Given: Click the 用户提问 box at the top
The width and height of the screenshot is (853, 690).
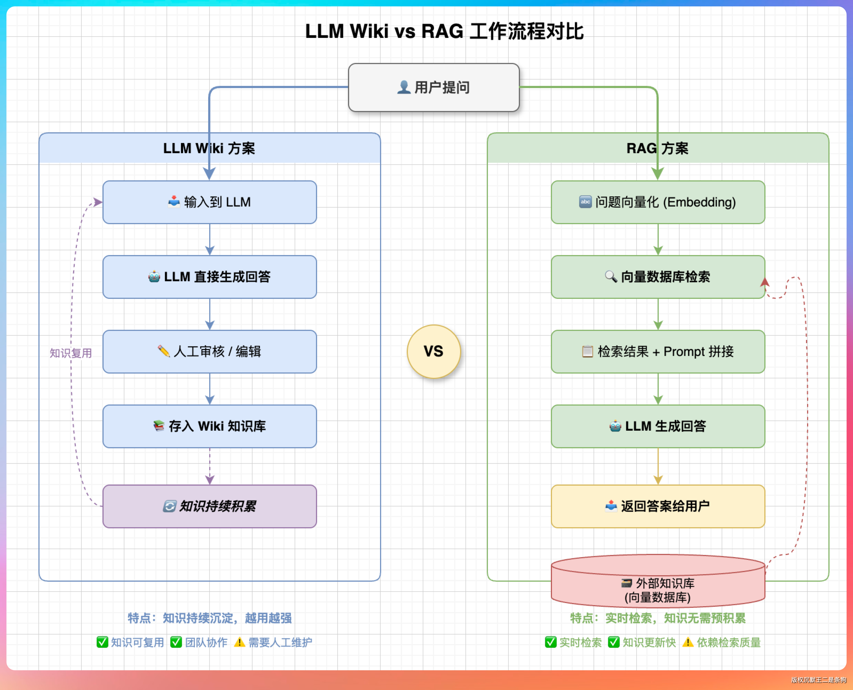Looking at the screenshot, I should pos(434,88).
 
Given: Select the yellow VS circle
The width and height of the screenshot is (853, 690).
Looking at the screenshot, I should pos(434,351).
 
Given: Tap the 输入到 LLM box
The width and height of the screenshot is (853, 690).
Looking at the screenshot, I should pos(210,202).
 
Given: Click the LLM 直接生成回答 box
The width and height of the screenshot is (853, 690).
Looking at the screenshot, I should pos(210,277).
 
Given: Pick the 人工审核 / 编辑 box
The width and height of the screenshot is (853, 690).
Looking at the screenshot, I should pos(210,352).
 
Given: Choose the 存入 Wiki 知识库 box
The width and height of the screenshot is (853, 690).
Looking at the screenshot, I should pos(210,426).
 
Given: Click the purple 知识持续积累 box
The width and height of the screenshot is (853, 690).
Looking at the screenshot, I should pos(210,506).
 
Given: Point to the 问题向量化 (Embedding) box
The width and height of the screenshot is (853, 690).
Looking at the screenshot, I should pos(658,202).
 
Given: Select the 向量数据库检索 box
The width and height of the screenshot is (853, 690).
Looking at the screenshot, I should pos(658,277).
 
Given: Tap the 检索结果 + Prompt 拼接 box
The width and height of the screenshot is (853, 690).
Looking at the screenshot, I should pos(658,352).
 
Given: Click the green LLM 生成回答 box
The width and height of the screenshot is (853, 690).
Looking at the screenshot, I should pos(658,426).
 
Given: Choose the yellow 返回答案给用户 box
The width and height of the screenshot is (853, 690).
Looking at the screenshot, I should pos(658,506).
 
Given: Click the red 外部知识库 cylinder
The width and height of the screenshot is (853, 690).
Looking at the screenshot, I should pos(658,588).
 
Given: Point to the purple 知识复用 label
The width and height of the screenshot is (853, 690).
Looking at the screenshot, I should pos(71,353).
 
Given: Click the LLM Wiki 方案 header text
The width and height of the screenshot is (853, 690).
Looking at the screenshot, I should pos(209,148).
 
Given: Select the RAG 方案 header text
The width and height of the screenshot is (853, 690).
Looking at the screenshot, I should pos(657,148).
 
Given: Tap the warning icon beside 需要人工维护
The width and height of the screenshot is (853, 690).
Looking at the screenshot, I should pos(239,642).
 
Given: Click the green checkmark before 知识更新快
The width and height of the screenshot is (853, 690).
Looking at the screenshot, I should pos(614,642).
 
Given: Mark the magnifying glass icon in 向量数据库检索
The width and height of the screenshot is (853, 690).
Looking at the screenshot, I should pos(611,276).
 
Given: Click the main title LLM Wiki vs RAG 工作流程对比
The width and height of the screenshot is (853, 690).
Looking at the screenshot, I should pos(444,31).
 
